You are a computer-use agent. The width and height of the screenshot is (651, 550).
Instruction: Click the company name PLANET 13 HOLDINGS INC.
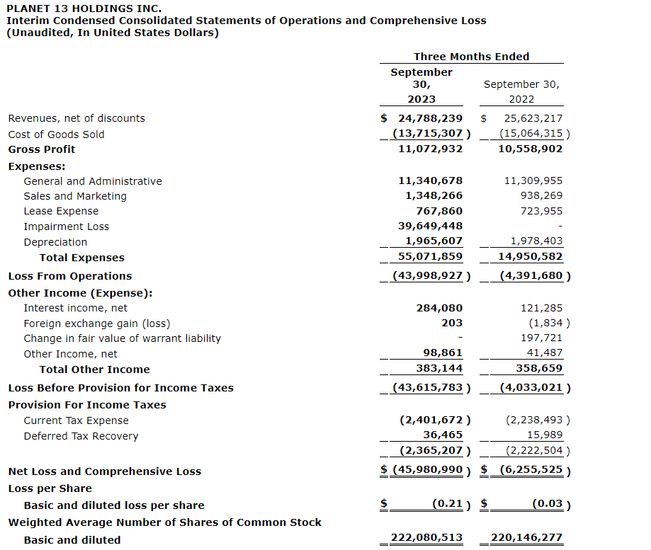pyautogui.click(x=84, y=8)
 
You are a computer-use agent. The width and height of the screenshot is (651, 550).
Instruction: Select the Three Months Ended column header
pyautogui.click(x=471, y=57)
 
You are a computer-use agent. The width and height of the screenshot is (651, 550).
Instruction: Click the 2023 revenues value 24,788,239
pyautogui.click(x=430, y=118)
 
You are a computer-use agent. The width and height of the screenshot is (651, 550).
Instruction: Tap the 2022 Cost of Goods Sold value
pyautogui.click(x=531, y=134)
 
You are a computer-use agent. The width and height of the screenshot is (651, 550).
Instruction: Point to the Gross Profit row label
pyautogui.click(x=42, y=149)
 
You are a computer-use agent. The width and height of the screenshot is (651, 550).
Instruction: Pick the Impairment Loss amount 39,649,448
pyautogui.click(x=430, y=227)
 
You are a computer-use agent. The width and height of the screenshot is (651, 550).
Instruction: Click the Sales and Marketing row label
pyautogui.click(x=75, y=196)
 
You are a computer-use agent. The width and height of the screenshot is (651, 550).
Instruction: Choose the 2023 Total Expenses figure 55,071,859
pyautogui.click(x=430, y=258)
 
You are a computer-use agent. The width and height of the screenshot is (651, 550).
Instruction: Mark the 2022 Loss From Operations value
pyautogui.click(x=531, y=276)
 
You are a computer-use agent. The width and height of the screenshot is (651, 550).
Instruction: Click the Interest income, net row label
pyautogui.click(x=76, y=308)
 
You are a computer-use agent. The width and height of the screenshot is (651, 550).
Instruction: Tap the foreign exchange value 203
pyautogui.click(x=452, y=323)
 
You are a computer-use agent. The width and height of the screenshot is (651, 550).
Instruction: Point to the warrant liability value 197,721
pyautogui.click(x=541, y=338)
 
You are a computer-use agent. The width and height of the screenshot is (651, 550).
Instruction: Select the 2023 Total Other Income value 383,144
pyautogui.click(x=438, y=369)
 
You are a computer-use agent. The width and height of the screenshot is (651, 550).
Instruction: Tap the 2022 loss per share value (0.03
pyautogui.click(x=547, y=504)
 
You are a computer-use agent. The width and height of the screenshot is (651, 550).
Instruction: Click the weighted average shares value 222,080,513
pyautogui.click(x=426, y=538)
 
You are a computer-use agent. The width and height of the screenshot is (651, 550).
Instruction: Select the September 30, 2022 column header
pyautogui.click(x=521, y=91)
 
